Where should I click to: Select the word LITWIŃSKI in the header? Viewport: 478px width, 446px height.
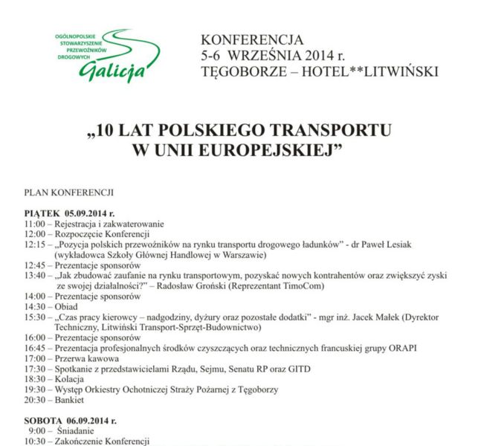pos(396,71)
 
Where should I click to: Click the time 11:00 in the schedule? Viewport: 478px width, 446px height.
pos(34,224)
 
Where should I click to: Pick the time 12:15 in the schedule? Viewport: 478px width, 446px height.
pos(34,245)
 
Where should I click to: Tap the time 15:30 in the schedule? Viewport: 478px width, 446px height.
pos(34,317)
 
